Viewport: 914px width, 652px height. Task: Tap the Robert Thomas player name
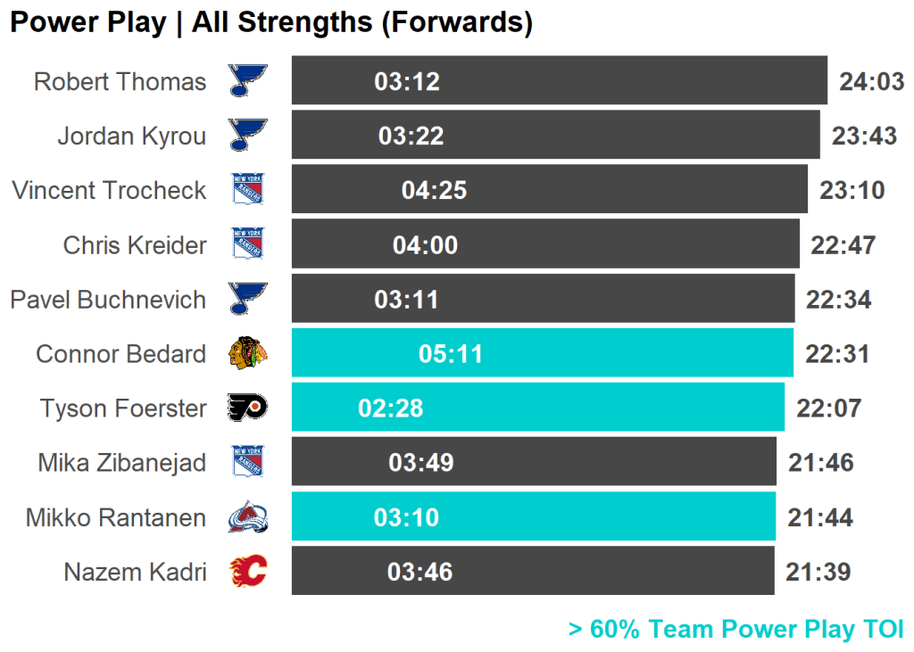pyautogui.click(x=120, y=82)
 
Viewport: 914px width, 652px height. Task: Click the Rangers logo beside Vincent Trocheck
pyautogui.click(x=248, y=190)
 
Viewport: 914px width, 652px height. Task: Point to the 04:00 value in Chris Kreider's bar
pyautogui.click(x=425, y=245)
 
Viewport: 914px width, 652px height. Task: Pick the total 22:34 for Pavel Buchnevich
pyautogui.click(x=838, y=300)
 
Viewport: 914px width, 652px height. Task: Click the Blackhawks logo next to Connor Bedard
pyautogui.click(x=248, y=354)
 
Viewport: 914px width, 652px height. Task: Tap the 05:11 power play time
pyautogui.click(x=451, y=354)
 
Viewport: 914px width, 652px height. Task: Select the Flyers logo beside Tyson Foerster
pyautogui.click(x=248, y=409)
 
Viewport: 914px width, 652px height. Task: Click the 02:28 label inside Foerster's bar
pyautogui.click(x=391, y=409)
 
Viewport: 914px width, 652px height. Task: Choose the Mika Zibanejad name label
pyautogui.click(x=121, y=463)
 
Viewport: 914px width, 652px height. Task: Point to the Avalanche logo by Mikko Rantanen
pyautogui.click(x=248, y=517)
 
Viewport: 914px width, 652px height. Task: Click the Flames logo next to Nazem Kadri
pyautogui.click(x=248, y=572)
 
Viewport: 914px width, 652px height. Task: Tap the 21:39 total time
pyautogui.click(x=818, y=572)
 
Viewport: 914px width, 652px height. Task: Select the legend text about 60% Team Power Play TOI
pyautogui.click(x=736, y=630)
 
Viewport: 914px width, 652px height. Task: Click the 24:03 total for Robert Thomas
pyautogui.click(x=872, y=82)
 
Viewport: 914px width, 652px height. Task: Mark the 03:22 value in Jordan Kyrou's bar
pyautogui.click(x=411, y=136)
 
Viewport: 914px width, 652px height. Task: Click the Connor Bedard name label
pyautogui.click(x=120, y=354)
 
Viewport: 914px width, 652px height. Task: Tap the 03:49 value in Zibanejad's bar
pyautogui.click(x=421, y=463)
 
